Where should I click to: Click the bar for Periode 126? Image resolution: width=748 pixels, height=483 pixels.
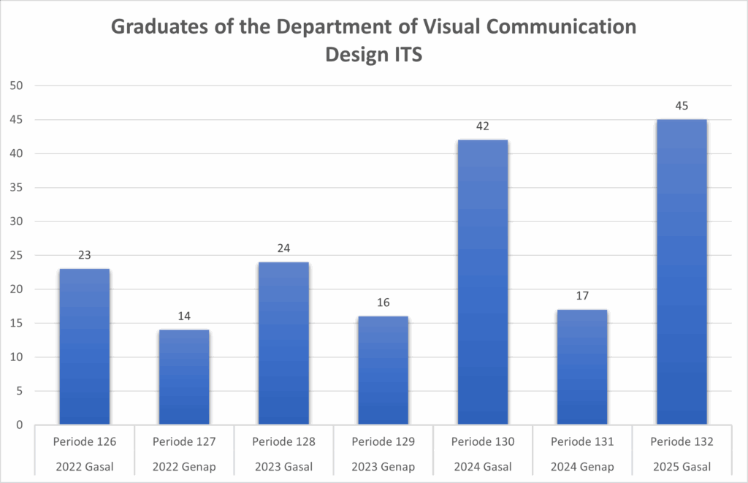coord(85,347)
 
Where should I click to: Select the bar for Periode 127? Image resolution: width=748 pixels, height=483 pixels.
coord(184,377)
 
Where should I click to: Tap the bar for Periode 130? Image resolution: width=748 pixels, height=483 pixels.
coord(482,282)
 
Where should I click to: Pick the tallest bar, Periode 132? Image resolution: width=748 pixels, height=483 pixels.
coord(682,272)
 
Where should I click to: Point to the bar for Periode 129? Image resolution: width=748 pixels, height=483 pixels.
coord(383,370)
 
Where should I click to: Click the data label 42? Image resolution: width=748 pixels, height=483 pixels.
coord(482,126)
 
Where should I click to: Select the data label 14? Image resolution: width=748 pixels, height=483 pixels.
coord(184,316)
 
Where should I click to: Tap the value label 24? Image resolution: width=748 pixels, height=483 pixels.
coord(283,248)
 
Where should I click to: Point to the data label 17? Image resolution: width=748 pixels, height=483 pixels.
coord(581,296)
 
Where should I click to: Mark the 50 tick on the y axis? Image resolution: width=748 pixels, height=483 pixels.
coord(17,85)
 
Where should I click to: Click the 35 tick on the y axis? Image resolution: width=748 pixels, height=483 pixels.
coord(17,188)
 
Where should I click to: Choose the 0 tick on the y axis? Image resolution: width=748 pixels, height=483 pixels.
coord(20,425)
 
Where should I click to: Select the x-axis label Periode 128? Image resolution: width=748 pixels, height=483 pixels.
coord(283,442)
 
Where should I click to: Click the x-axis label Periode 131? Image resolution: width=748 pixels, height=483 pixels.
coord(581,442)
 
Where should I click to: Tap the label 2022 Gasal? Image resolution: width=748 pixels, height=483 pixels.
coord(85,467)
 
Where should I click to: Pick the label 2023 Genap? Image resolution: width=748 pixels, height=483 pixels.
coord(383,467)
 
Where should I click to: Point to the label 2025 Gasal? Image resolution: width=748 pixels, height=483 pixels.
coord(681,467)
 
